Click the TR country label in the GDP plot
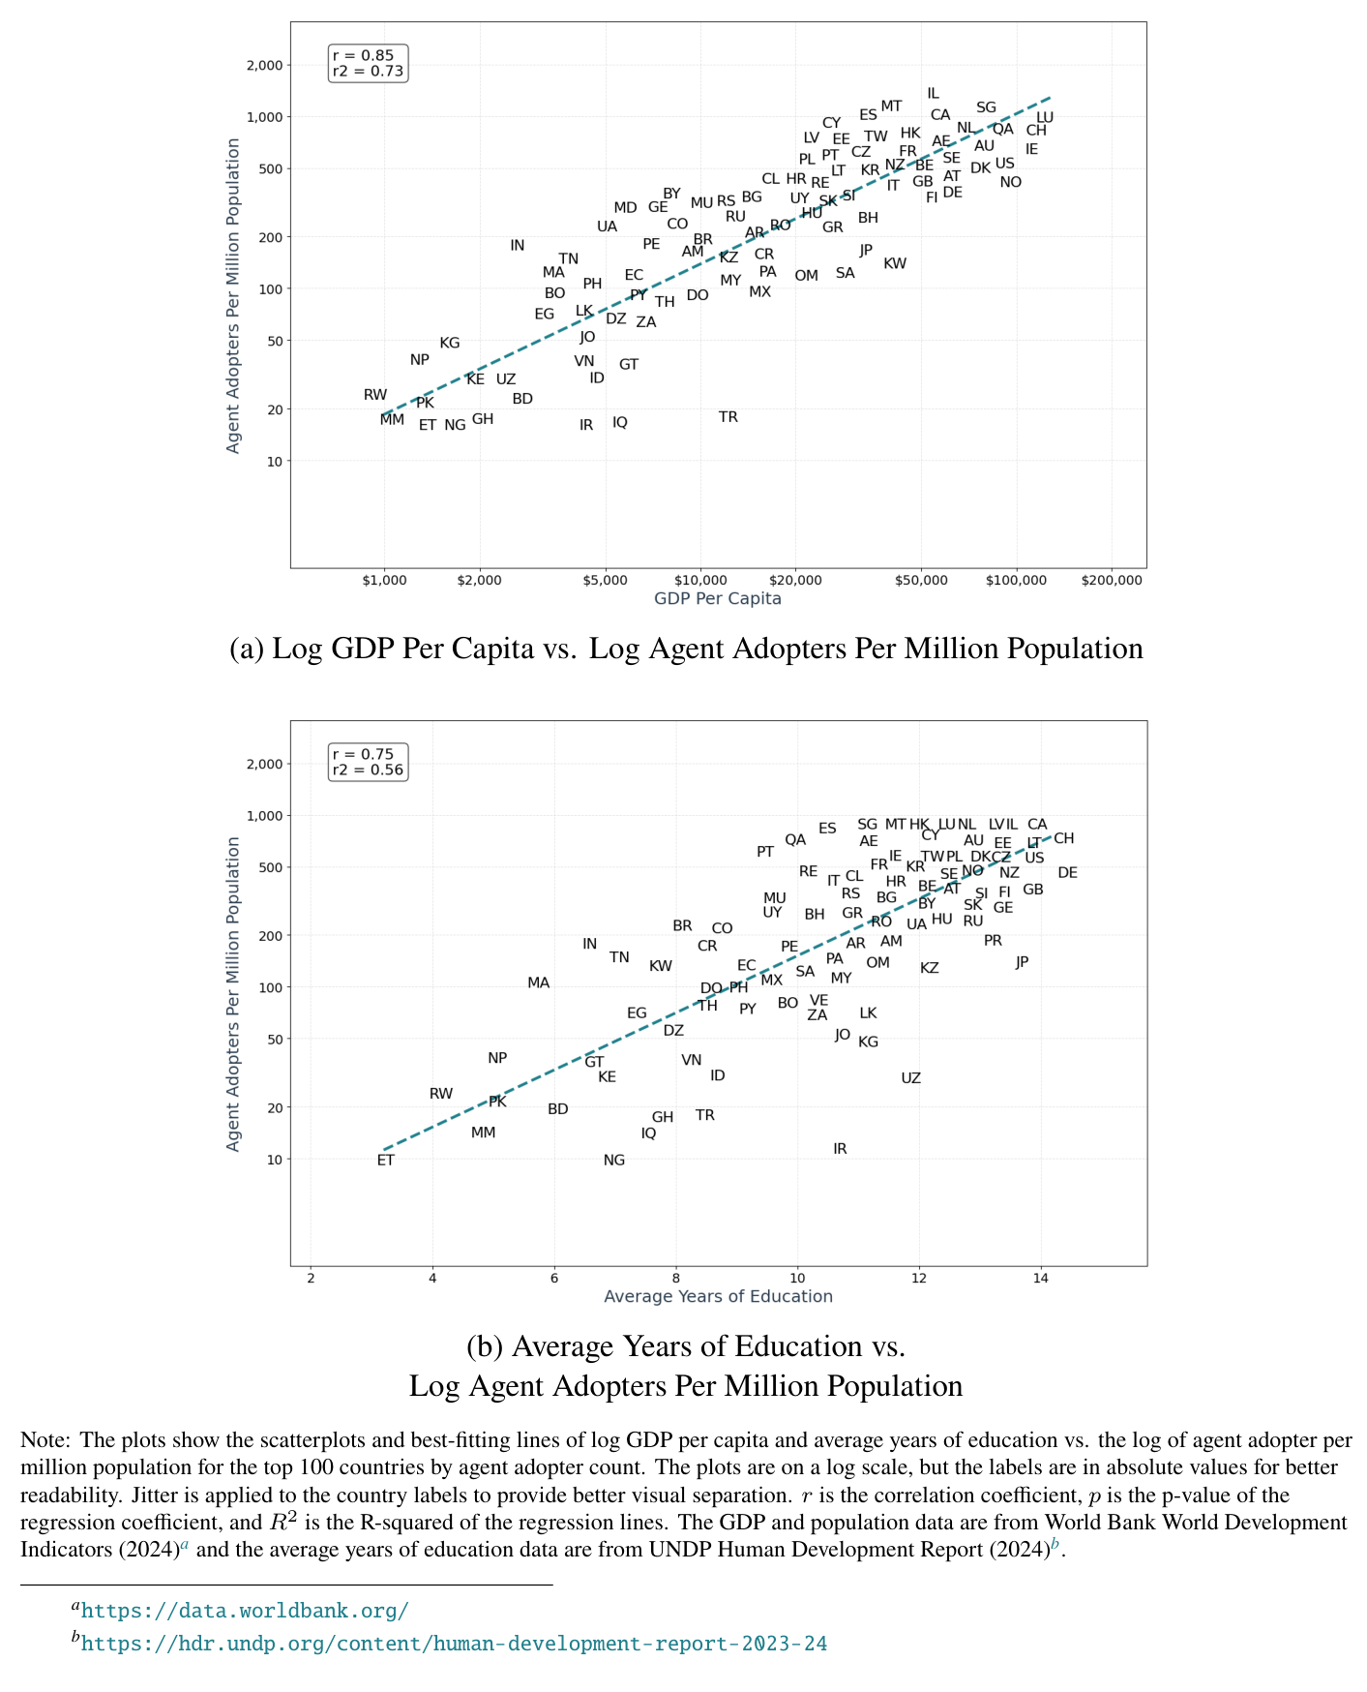coord(728,417)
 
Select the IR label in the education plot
coord(840,1149)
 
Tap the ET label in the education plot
coord(386,1161)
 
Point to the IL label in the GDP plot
coord(933,94)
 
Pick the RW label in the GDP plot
coord(375,395)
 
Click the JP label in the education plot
coord(1023,962)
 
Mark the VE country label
coord(818,1000)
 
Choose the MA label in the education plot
coord(539,983)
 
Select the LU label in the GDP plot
coord(1045,118)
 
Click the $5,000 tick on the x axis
coord(606,581)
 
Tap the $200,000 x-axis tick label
coord(1112,581)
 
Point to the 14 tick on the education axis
coord(1040,1279)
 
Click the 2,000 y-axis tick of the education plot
coord(265,765)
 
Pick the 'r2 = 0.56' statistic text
coord(368,770)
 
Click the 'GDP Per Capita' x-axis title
coord(718,598)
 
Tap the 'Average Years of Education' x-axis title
coord(718,1297)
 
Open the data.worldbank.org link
coord(245,1611)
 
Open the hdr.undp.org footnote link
coord(454,1644)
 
